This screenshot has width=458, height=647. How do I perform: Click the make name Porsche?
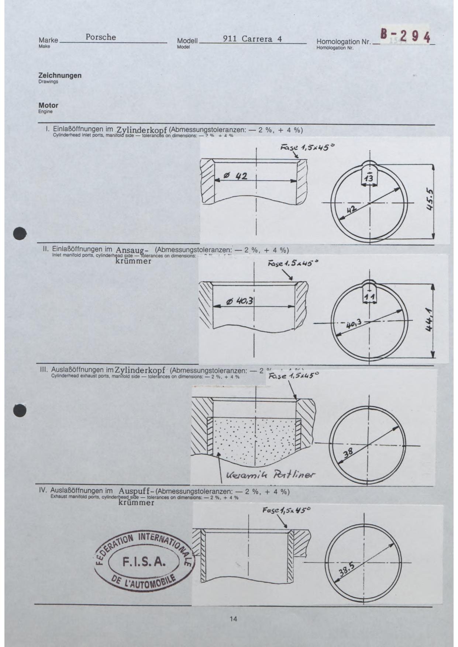(x=101, y=37)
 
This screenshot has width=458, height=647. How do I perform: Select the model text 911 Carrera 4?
(x=252, y=39)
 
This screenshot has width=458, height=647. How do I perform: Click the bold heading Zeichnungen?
(x=60, y=76)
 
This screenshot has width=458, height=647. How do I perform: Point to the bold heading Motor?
(x=48, y=105)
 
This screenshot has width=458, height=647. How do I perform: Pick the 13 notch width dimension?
(x=369, y=179)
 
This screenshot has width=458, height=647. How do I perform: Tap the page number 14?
(x=233, y=619)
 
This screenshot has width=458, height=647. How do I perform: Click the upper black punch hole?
(x=20, y=233)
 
